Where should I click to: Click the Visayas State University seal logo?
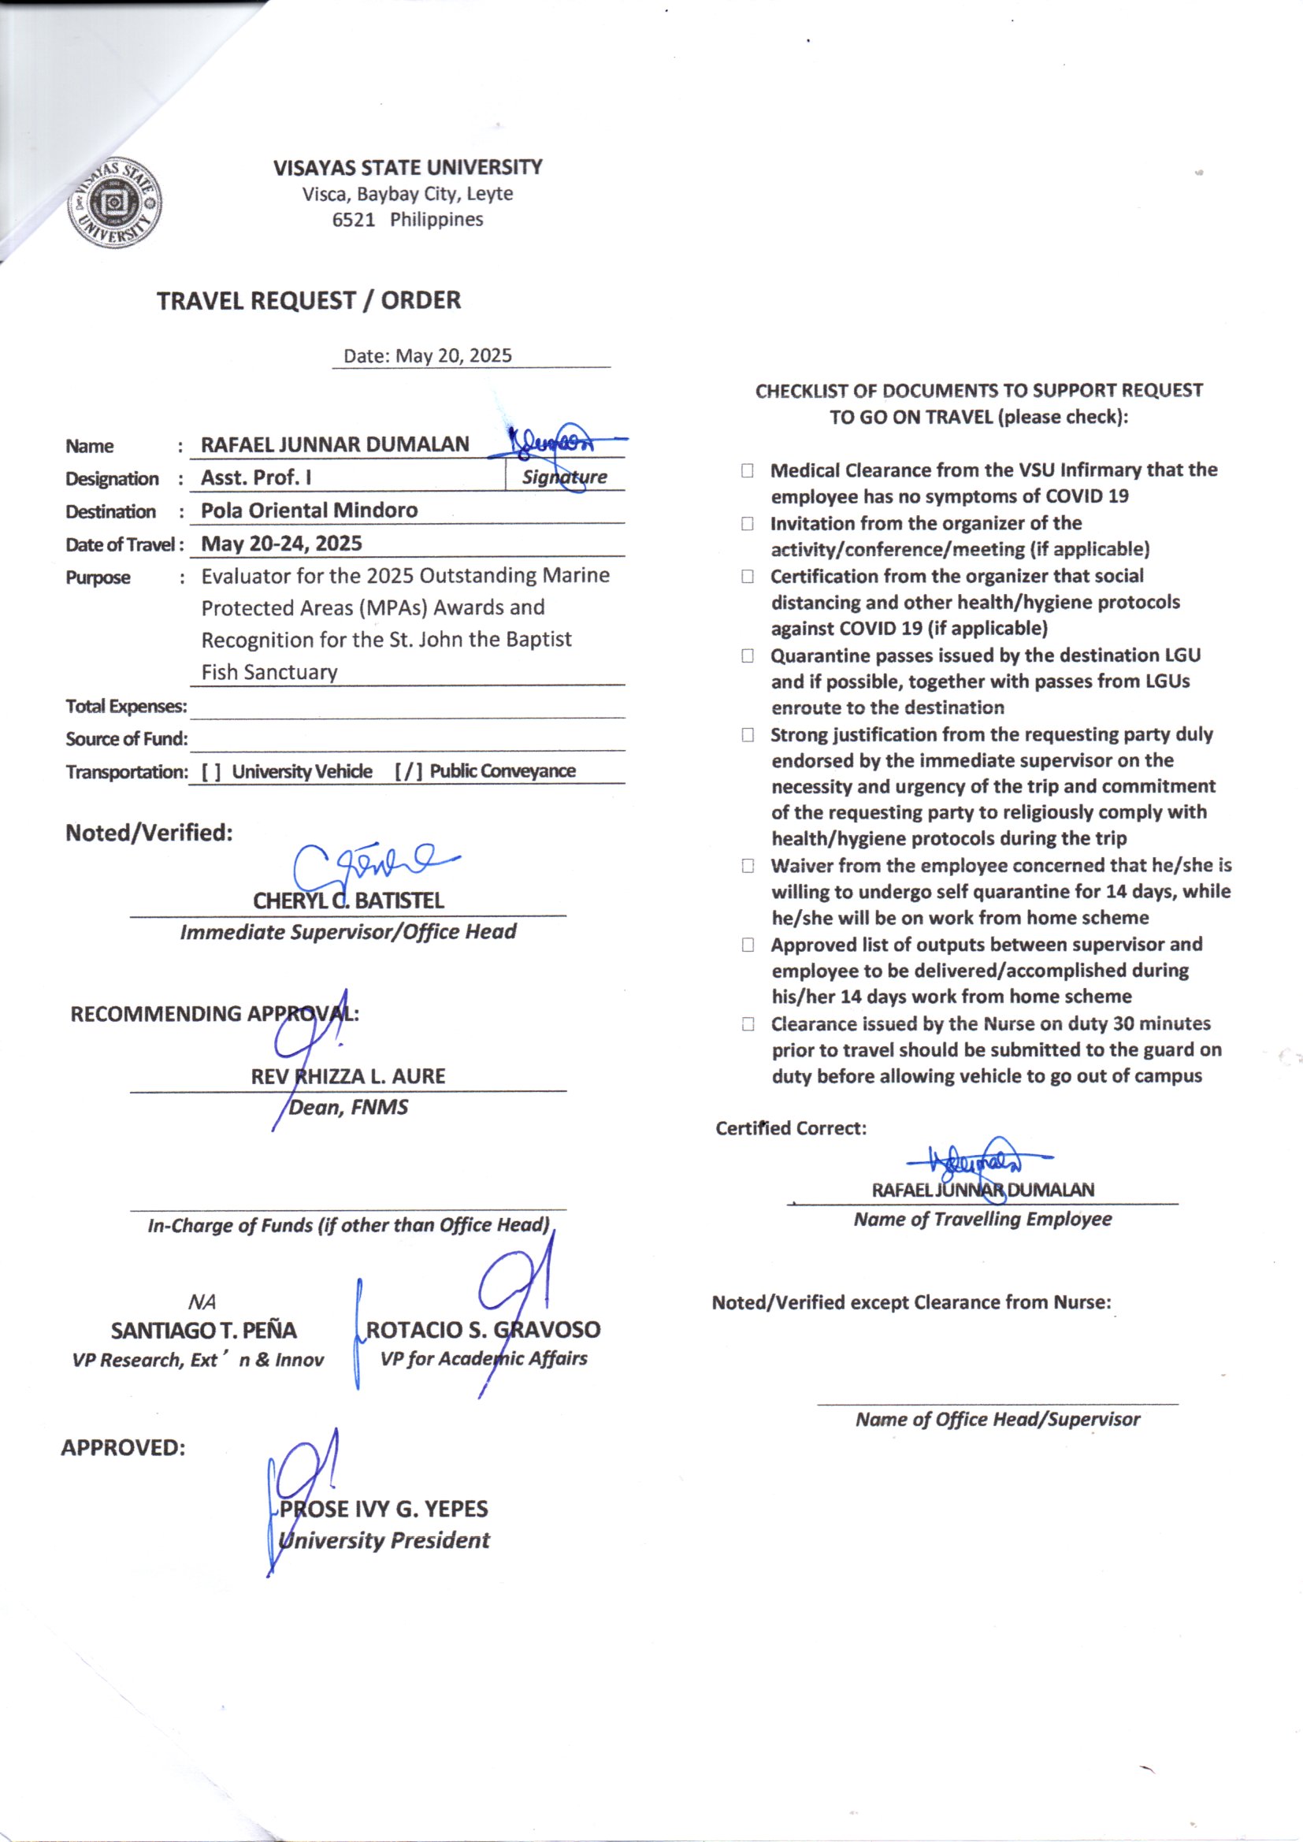[x=114, y=202]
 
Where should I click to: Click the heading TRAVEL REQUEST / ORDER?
[x=308, y=301]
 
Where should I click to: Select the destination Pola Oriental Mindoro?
[x=309, y=511]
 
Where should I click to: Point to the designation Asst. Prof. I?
[x=256, y=477]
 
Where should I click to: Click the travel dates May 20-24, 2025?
[x=280, y=543]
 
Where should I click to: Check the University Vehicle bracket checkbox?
[x=211, y=772]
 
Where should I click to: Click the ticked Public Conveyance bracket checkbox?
[x=407, y=772]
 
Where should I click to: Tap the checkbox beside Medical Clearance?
[x=747, y=471]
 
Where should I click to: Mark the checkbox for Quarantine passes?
[x=747, y=656]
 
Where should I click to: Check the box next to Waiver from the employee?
[x=747, y=867]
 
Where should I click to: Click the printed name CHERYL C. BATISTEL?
[x=348, y=901]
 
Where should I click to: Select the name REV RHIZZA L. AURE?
[x=348, y=1077]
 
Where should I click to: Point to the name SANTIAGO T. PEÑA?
[x=204, y=1331]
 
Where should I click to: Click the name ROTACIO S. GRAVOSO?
[x=483, y=1330]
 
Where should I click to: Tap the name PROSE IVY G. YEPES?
[x=384, y=1509]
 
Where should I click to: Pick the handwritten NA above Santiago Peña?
[x=202, y=1302]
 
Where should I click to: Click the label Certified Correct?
[x=790, y=1129]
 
